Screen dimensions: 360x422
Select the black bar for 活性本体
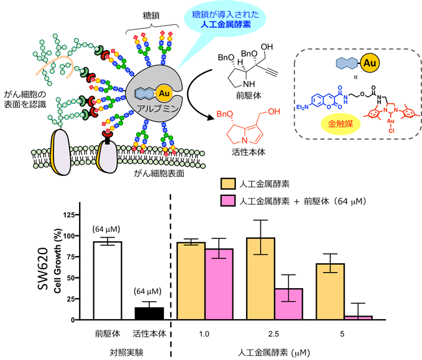point(149,314)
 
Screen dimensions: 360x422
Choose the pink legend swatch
point(228,201)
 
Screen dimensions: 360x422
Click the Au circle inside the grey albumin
point(162,93)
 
